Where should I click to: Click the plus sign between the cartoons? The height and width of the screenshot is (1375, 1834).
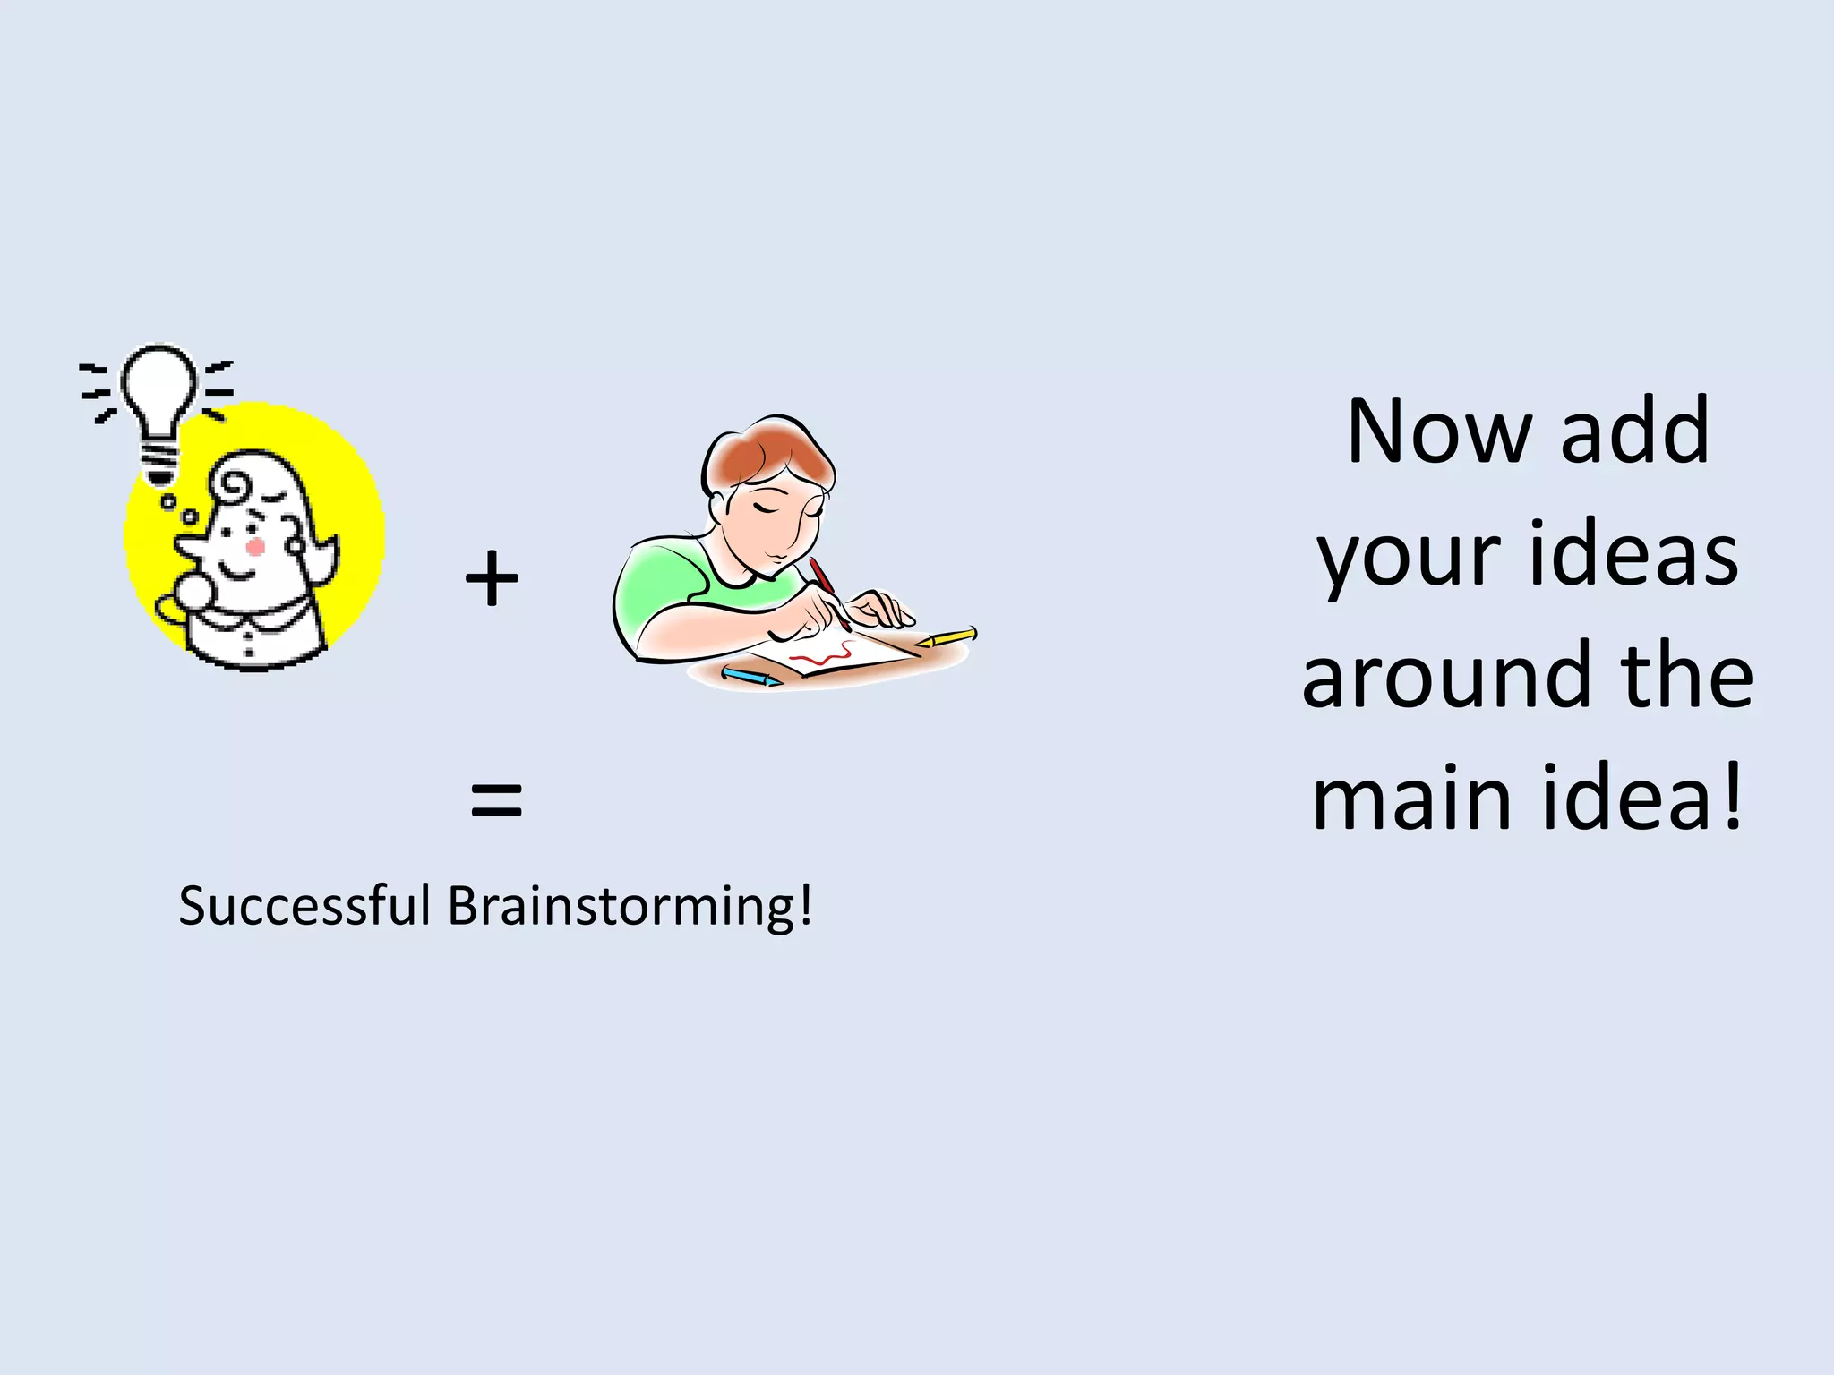[x=492, y=579]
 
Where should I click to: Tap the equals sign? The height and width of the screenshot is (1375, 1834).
[x=496, y=799]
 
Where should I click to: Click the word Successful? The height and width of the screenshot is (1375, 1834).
[x=304, y=906]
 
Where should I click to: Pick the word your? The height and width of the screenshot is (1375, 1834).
[x=1408, y=557]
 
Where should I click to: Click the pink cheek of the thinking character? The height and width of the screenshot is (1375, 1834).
[x=255, y=546]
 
